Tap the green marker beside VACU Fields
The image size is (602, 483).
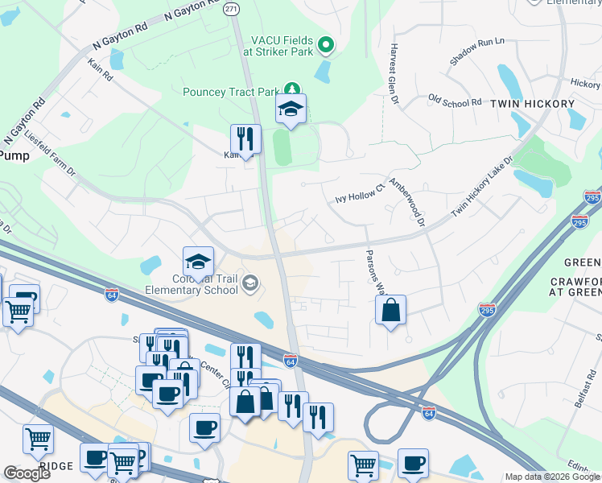pos(326,45)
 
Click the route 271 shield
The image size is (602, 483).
pos(231,8)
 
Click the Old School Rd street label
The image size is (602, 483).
pos(455,102)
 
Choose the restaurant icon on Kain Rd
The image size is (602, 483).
pos(245,138)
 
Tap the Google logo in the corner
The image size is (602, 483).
pos(27,473)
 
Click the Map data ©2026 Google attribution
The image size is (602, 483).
pos(551,477)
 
